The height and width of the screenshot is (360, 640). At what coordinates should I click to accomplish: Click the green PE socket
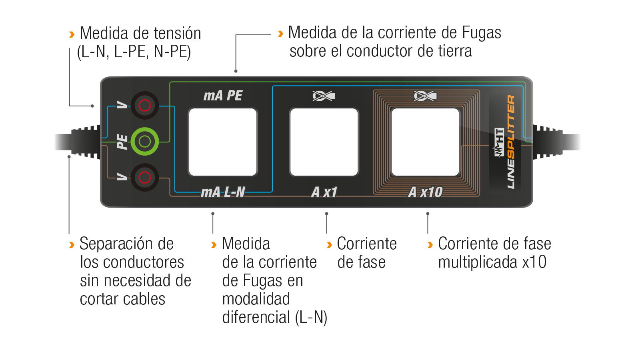click(x=144, y=142)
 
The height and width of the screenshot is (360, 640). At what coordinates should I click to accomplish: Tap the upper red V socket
click(x=144, y=106)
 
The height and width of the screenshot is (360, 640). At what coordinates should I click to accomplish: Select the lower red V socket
click(x=144, y=178)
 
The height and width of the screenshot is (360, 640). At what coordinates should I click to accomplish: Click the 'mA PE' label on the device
click(x=223, y=96)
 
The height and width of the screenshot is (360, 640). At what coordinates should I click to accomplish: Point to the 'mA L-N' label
click(x=223, y=192)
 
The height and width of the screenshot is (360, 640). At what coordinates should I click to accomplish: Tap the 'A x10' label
click(x=426, y=192)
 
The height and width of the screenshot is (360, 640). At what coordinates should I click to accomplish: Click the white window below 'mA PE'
click(x=223, y=142)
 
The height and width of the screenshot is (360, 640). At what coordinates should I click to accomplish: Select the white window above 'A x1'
click(x=324, y=142)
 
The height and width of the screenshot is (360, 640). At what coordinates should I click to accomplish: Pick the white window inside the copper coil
click(x=426, y=142)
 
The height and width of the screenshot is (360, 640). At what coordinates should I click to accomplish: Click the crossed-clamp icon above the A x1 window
click(x=324, y=96)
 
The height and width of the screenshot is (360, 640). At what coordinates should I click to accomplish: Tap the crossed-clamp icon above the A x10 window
click(x=425, y=96)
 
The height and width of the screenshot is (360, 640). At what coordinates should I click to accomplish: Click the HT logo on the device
click(x=499, y=142)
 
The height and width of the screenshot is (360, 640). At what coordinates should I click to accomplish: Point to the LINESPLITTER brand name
click(x=511, y=142)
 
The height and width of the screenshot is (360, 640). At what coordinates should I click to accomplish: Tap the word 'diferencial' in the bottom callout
click(x=256, y=317)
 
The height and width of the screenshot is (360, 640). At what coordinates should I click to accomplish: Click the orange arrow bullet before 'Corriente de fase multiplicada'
click(x=430, y=245)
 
